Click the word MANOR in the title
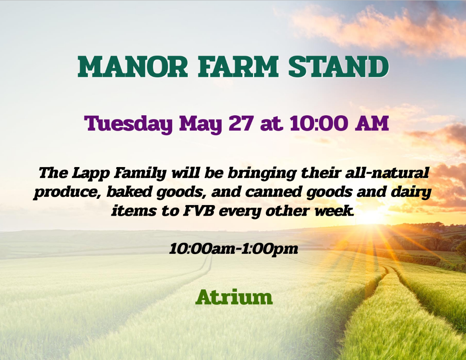click(x=133, y=66)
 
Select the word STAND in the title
click(x=339, y=66)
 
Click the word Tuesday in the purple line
click(x=128, y=124)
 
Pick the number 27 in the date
click(x=241, y=123)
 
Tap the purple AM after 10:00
click(x=372, y=123)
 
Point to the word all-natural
click(x=387, y=173)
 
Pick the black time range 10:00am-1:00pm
click(x=234, y=249)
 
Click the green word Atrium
click(x=234, y=297)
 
